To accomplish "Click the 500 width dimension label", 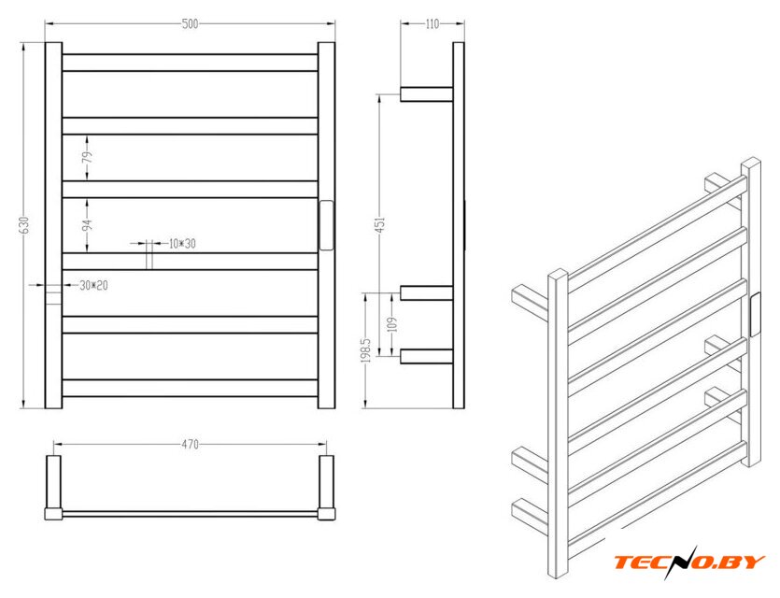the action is pyautogui.click(x=190, y=24).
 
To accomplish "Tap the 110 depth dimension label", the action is pyautogui.click(x=433, y=24).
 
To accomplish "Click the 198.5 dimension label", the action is pyautogui.click(x=368, y=350).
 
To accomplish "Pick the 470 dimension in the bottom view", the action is pyautogui.click(x=190, y=444).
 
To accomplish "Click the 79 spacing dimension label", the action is pyautogui.click(x=88, y=157).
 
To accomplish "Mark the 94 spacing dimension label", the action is pyautogui.click(x=88, y=225).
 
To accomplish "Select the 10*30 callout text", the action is pyautogui.click(x=182, y=244).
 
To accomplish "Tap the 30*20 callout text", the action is pyautogui.click(x=93, y=286).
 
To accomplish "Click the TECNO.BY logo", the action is pyautogui.click(x=689, y=562).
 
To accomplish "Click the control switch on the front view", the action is pyautogui.click(x=326, y=225).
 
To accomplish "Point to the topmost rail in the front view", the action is pyautogui.click(x=190, y=63).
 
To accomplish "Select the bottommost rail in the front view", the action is pyautogui.click(x=190, y=388).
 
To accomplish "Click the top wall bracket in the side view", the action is pyautogui.click(x=426, y=94).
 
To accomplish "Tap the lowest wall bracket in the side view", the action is pyautogui.click(x=426, y=357).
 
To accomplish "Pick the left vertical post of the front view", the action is pyautogui.click(x=54, y=225).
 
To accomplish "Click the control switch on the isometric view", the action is pyautogui.click(x=755, y=316).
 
